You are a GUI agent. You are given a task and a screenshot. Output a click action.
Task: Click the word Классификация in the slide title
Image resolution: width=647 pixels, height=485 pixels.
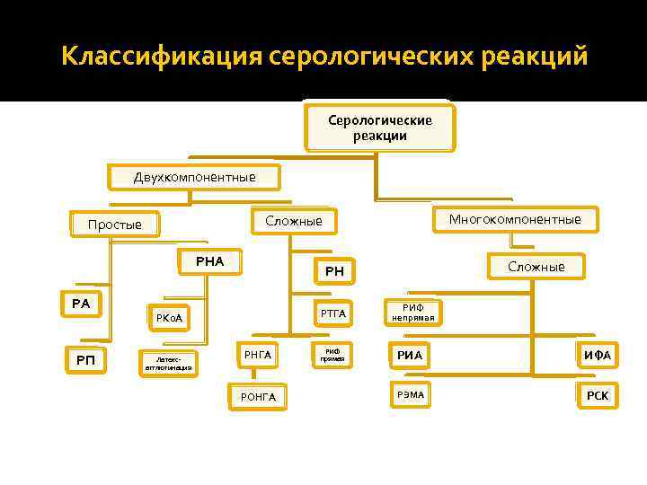162,57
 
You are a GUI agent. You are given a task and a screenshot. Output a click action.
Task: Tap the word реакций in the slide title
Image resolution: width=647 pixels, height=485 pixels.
532,57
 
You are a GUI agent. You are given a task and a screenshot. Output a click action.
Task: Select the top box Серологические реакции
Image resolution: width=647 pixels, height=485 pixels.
379,128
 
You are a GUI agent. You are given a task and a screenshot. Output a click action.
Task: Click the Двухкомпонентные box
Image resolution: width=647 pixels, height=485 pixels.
194,177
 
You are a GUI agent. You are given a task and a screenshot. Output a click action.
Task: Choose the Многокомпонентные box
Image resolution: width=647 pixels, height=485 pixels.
515,219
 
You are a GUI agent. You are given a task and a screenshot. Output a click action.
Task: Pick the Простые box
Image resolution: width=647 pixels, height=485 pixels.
115,225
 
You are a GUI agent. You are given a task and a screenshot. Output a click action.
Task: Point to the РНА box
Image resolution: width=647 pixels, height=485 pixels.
209,262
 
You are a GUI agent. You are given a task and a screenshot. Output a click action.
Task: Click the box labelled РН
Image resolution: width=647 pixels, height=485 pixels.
334,270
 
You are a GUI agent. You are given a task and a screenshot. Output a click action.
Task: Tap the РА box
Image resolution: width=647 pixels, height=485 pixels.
81,304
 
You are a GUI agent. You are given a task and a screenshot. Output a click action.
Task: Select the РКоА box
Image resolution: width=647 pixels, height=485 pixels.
170,317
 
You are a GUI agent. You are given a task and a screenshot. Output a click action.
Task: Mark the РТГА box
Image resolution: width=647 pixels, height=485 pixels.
333,313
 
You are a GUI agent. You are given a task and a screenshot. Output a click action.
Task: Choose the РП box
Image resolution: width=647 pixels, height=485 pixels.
84,360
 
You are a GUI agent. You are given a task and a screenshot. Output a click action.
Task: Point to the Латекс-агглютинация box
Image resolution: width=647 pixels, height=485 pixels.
168,362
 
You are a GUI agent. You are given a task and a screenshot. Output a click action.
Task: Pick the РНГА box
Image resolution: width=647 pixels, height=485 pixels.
257,356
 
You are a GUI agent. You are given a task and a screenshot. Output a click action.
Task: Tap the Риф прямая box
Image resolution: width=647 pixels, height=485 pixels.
333,355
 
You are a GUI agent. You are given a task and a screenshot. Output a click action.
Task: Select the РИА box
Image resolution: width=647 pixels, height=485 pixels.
410,356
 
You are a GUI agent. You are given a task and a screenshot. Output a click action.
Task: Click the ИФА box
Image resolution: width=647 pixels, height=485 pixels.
597,356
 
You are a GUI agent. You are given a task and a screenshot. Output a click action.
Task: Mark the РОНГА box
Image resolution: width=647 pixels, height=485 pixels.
258,396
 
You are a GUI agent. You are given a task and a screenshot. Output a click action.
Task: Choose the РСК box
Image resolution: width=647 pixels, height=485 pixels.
597,395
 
